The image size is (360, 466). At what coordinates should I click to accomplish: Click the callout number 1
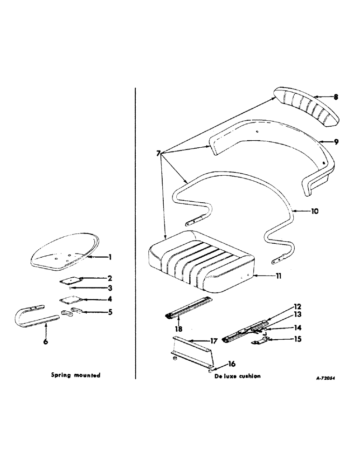110,257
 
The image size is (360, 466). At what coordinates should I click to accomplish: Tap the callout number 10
315,211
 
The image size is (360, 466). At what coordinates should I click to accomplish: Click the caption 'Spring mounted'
76,376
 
